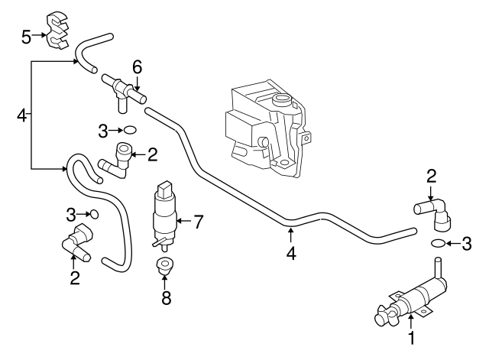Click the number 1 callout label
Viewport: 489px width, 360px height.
[x=411, y=337]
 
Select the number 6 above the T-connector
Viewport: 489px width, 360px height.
[x=137, y=67]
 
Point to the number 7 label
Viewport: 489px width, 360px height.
[x=198, y=222]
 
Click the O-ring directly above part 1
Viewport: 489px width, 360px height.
[x=438, y=243]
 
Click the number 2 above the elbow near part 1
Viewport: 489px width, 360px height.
[x=431, y=176]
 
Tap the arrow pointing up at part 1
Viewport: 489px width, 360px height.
[x=411, y=321]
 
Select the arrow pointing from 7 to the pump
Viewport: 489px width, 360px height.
[x=183, y=222]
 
